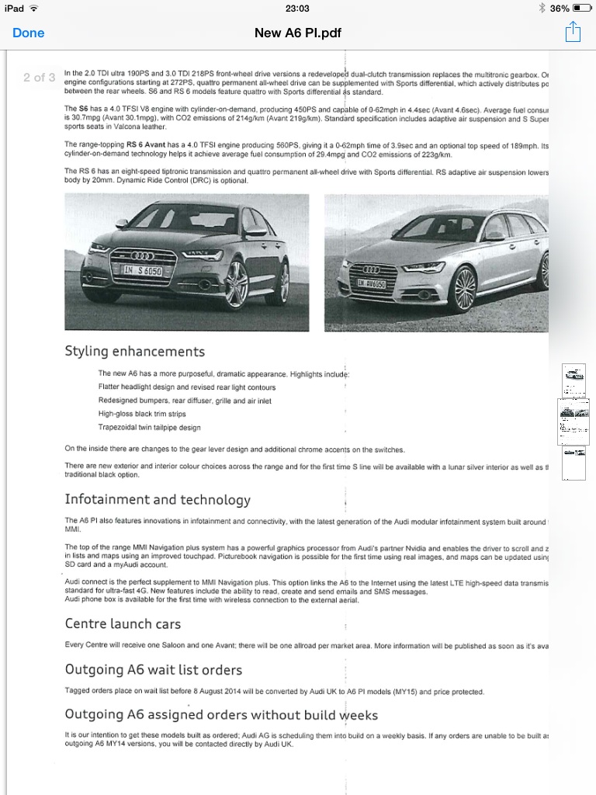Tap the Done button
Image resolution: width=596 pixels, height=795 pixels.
[x=29, y=33]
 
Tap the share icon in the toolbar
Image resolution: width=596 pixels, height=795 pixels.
[x=573, y=32]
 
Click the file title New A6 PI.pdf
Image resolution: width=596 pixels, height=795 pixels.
[x=298, y=33]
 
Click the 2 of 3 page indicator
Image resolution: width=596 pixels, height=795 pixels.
[x=39, y=77]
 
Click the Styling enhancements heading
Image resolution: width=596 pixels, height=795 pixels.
[x=135, y=352]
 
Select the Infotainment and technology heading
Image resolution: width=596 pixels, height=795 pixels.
[x=158, y=499]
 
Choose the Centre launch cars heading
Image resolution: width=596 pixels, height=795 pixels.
[x=123, y=623]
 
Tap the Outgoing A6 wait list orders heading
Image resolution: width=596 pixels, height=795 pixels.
[x=154, y=669]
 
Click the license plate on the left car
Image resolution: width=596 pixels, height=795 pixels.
[x=143, y=271]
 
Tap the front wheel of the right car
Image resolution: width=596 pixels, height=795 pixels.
[x=463, y=289]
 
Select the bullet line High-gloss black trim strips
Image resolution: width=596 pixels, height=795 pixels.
[x=142, y=414]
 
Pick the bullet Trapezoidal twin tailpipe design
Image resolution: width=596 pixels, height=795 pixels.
[x=149, y=428]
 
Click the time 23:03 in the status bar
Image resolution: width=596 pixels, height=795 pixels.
[x=297, y=8]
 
